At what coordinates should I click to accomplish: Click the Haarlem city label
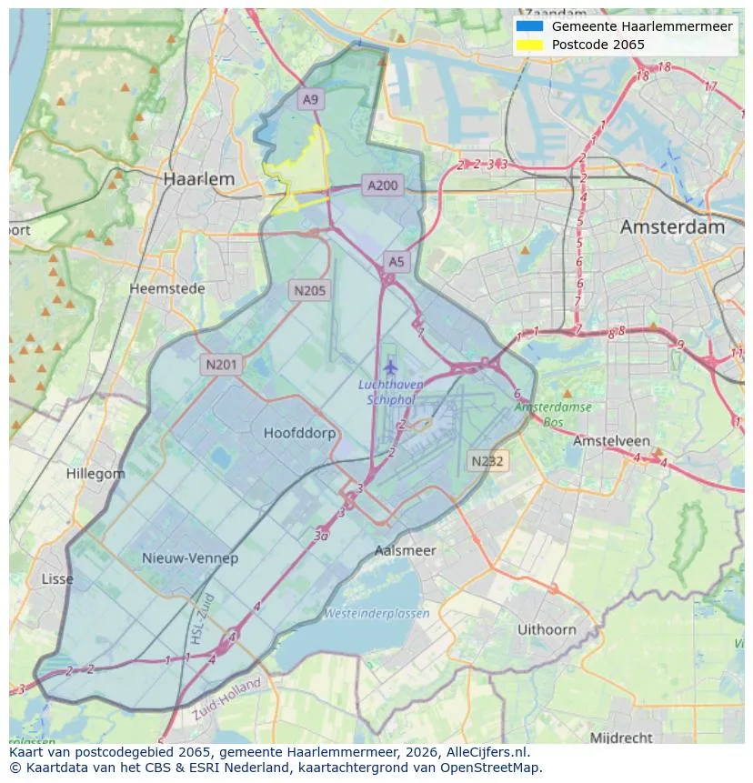pyautogui.click(x=198, y=179)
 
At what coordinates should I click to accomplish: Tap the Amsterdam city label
pyautogui.click(x=672, y=226)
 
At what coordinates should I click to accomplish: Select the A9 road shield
pyautogui.click(x=311, y=99)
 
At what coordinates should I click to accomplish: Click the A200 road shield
pyautogui.click(x=382, y=186)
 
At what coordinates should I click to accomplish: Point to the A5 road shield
pyautogui.click(x=396, y=262)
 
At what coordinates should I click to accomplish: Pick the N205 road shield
pyautogui.click(x=309, y=291)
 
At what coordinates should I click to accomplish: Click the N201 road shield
pyautogui.click(x=221, y=365)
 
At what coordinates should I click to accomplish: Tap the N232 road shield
pyautogui.click(x=487, y=461)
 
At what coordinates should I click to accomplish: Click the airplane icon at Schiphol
pyautogui.click(x=391, y=367)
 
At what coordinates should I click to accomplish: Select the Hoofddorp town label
pyautogui.click(x=299, y=433)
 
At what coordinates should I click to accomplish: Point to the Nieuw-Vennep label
pyautogui.click(x=190, y=557)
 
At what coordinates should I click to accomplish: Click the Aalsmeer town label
pyautogui.click(x=405, y=550)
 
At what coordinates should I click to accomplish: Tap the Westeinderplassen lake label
pyautogui.click(x=376, y=614)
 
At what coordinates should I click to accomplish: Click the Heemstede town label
pyautogui.click(x=167, y=288)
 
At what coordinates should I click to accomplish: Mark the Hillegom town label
pyautogui.click(x=95, y=474)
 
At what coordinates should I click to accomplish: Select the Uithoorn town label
pyautogui.click(x=547, y=629)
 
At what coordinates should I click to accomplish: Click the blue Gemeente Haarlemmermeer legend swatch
pyautogui.click(x=529, y=26)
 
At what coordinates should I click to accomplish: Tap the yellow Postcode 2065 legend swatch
pyautogui.click(x=529, y=45)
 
